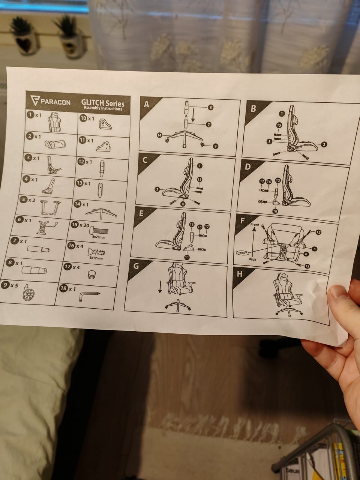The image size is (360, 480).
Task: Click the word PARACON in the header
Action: [x=55, y=102]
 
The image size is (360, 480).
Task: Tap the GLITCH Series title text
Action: [x=103, y=103]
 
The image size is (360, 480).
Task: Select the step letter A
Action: [x=147, y=104]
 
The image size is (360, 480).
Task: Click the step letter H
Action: [x=240, y=274]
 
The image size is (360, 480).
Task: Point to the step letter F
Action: [x=242, y=220]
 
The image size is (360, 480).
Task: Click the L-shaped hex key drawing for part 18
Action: [x=89, y=296]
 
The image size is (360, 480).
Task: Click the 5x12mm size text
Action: [x=96, y=258]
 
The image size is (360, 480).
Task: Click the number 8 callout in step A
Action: [x=210, y=107]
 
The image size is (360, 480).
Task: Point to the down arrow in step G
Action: [x=160, y=287]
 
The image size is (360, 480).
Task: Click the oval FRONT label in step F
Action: [x=243, y=253]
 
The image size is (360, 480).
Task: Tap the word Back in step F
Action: [x=252, y=259]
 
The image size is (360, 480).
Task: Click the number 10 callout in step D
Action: [x=275, y=211]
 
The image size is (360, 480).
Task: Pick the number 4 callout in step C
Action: [x=183, y=204]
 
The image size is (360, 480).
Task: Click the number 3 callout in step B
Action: [x=270, y=142]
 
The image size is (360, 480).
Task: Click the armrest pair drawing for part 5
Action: [x=50, y=207]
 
